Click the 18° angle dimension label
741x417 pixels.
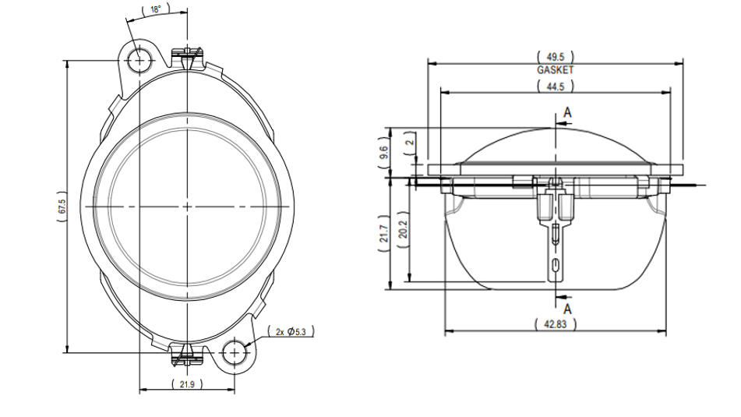[x=156, y=9]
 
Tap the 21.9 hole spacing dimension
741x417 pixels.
[x=187, y=384]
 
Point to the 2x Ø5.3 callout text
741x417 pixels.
[x=291, y=331]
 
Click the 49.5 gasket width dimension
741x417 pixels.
[x=556, y=57]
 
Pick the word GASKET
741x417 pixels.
[x=556, y=70]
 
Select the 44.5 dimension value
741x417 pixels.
[x=556, y=87]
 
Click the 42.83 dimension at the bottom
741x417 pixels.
[x=556, y=324]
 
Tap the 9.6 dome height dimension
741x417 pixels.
[x=383, y=152]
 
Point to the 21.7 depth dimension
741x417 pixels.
[x=383, y=235]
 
